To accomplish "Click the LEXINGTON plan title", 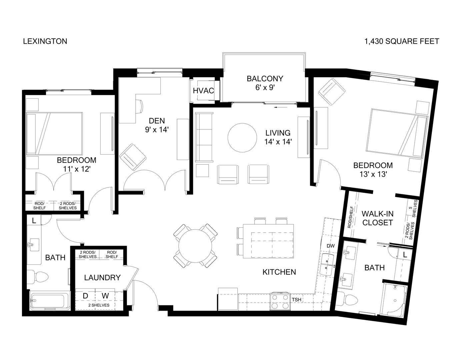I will pos(45,41).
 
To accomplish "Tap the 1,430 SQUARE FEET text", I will pos(402,41).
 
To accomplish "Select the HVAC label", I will pos(203,91).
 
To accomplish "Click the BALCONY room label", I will pos(265,79).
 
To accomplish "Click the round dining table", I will pos(195,246).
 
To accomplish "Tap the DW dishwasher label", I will pos(330,246).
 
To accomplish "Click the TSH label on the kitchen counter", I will pos(296,300).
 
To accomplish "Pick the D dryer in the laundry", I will pos(85,296).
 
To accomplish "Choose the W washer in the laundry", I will pos(105,296).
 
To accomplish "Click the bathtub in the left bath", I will pos(50,301).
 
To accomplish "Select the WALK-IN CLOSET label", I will pos(377,218).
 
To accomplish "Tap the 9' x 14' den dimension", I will pos(157,130).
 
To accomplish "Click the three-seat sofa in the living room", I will pos(204,137).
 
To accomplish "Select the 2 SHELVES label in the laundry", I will pos(99,305).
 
